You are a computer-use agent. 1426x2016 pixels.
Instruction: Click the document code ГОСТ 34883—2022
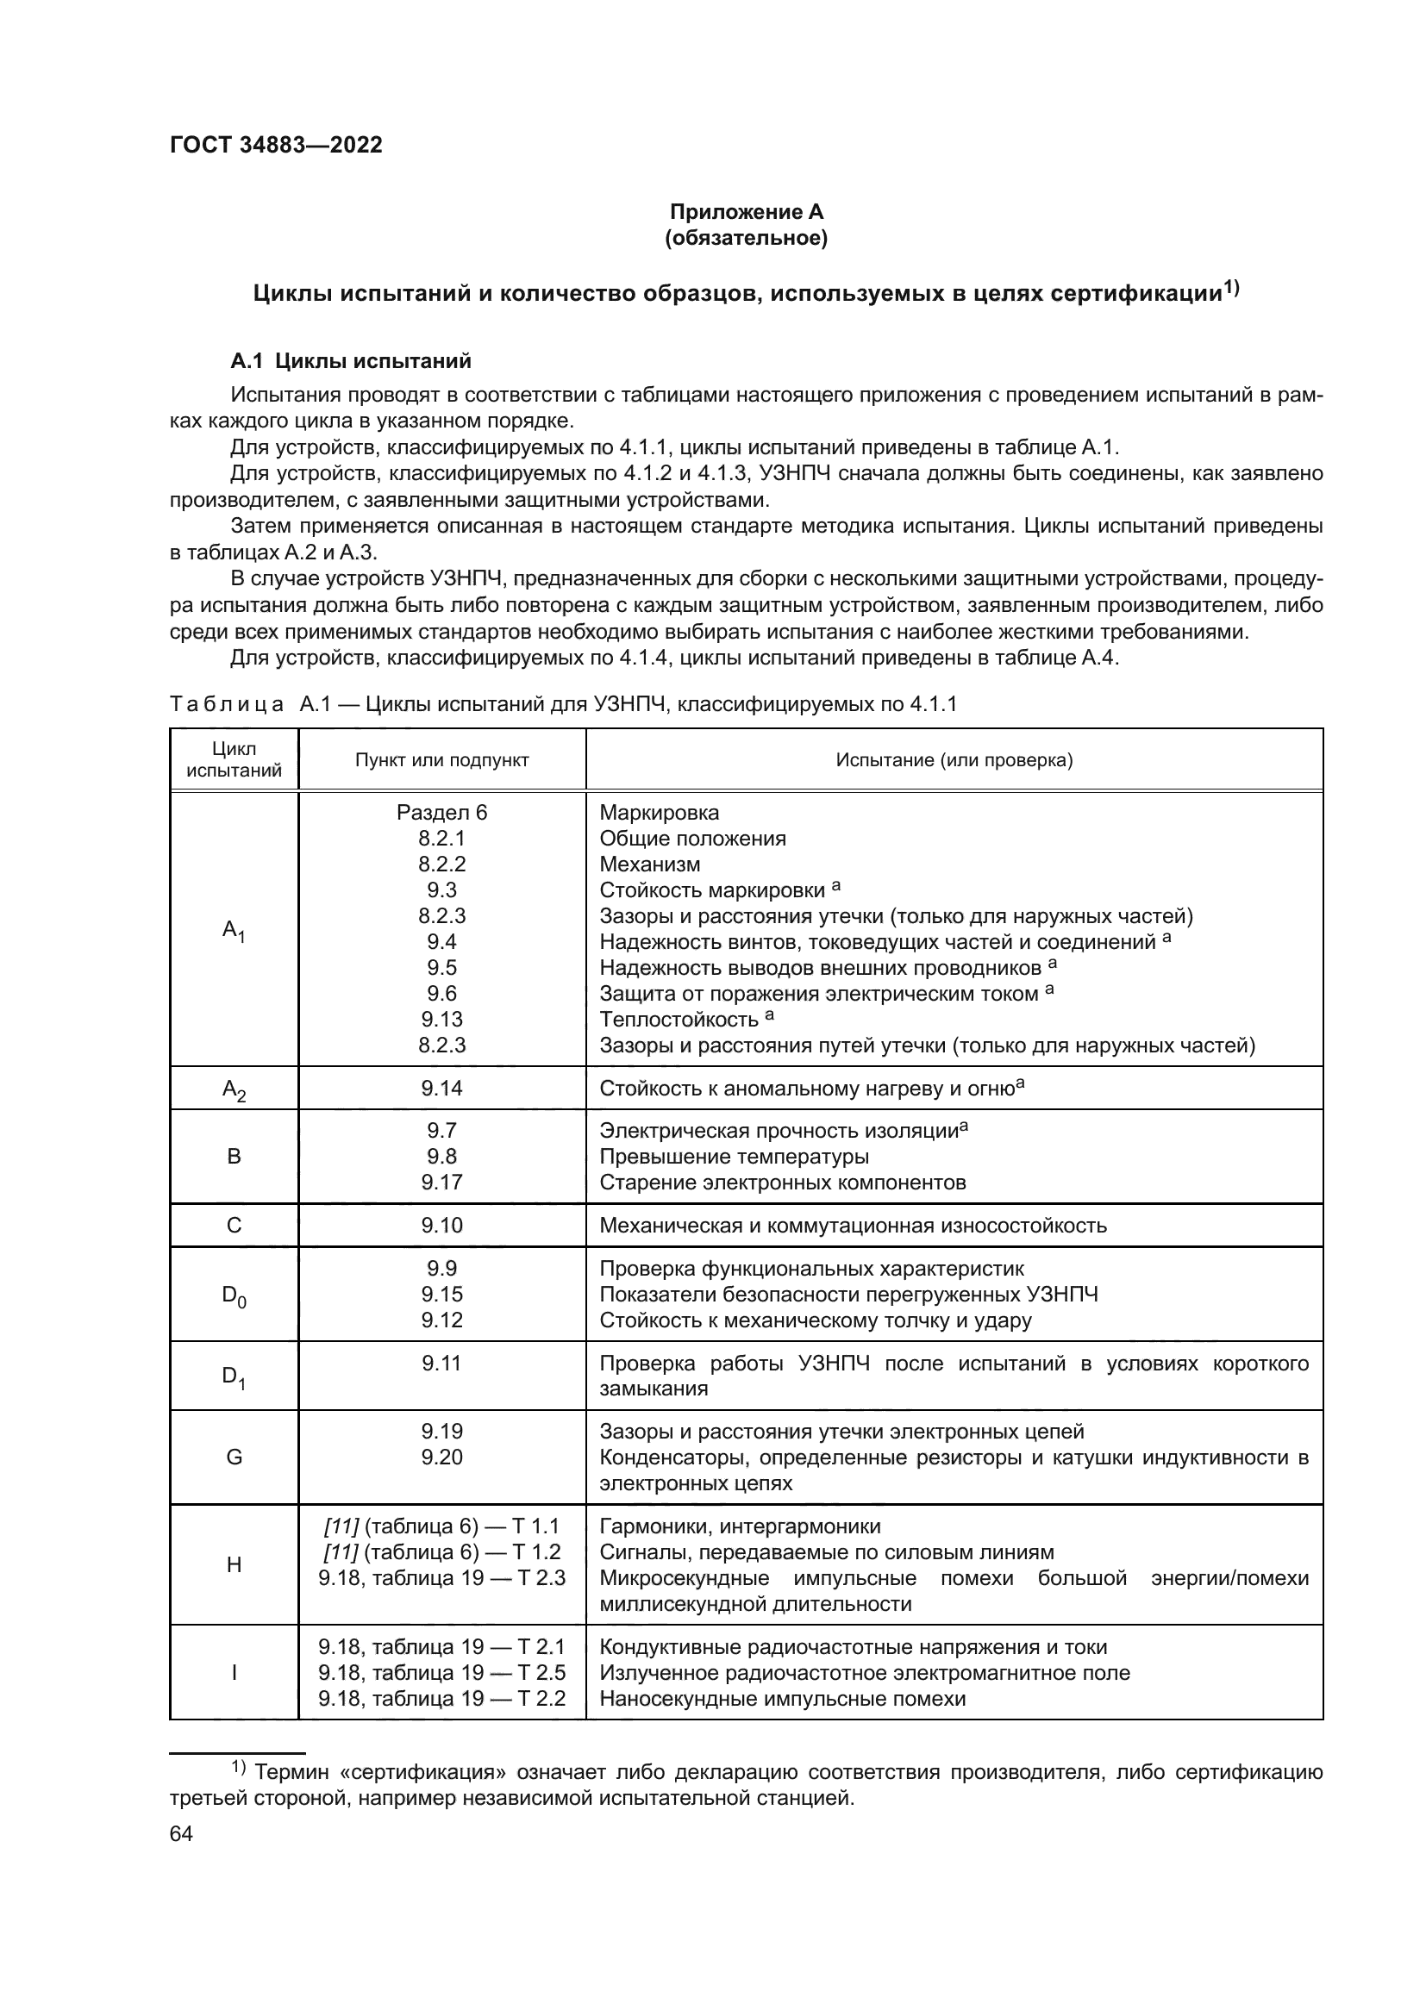(x=276, y=146)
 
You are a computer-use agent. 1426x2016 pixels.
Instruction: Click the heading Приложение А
(x=747, y=212)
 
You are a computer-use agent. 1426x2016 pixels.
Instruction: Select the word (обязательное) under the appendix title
(x=747, y=238)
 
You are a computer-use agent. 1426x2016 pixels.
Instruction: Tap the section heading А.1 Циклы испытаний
(x=350, y=361)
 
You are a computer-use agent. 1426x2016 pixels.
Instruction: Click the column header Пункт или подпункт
(x=441, y=760)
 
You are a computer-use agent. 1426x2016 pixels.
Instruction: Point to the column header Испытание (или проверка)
(x=954, y=760)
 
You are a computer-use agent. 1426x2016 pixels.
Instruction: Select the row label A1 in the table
(x=234, y=930)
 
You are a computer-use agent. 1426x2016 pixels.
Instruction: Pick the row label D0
(x=234, y=1295)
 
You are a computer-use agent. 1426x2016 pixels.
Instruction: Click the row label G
(x=234, y=1457)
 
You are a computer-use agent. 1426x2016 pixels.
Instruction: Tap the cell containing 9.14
(x=441, y=1089)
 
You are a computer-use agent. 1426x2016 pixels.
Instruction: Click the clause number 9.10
(x=441, y=1226)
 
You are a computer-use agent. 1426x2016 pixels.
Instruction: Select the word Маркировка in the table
(x=659, y=813)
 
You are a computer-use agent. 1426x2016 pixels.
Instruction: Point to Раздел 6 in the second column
(x=441, y=813)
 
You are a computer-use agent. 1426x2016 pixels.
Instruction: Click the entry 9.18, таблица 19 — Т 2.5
(x=441, y=1673)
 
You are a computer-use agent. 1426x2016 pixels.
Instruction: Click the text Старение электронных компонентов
(x=782, y=1183)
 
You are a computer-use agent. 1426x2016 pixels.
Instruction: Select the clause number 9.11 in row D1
(x=441, y=1364)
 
